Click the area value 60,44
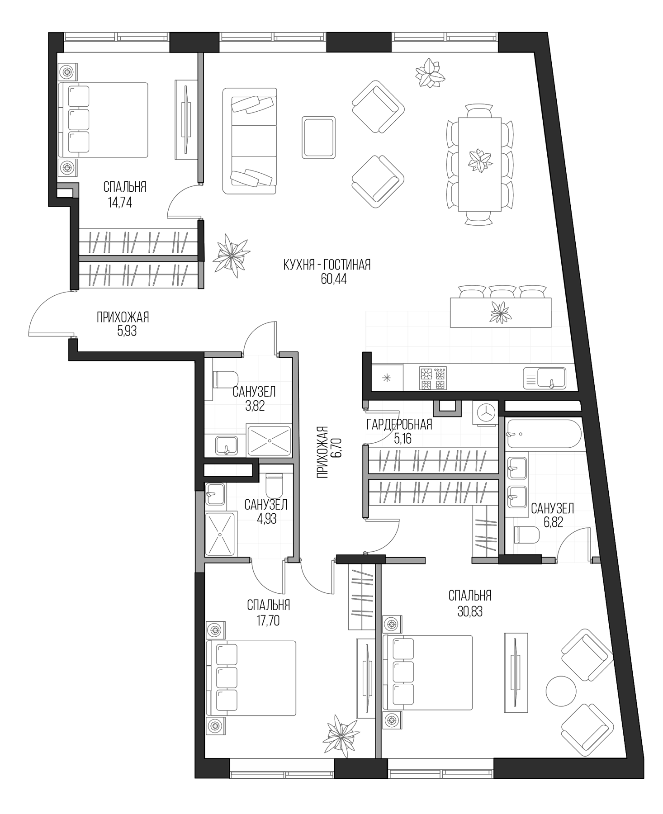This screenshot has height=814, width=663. [333, 279]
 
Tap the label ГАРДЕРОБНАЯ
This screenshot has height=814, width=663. [399, 424]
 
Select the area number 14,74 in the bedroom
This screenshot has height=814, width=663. [120, 202]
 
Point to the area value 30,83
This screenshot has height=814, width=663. [470, 612]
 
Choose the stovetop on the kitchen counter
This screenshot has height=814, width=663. [433, 378]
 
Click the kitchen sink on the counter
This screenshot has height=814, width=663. [545, 378]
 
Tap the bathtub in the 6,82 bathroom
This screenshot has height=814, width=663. [544, 434]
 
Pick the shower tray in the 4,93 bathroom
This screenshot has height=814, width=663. [221, 534]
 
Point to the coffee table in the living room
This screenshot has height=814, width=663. [319, 137]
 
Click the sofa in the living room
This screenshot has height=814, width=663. [249, 141]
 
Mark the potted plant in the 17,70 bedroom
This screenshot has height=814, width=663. [341, 736]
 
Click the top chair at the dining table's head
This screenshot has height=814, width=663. [479, 111]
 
